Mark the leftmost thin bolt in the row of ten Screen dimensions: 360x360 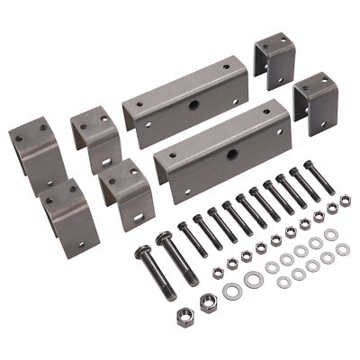(x=192, y=238)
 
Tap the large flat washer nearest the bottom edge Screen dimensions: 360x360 (x=232, y=291)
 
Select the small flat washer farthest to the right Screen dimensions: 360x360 (x=331, y=235)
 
